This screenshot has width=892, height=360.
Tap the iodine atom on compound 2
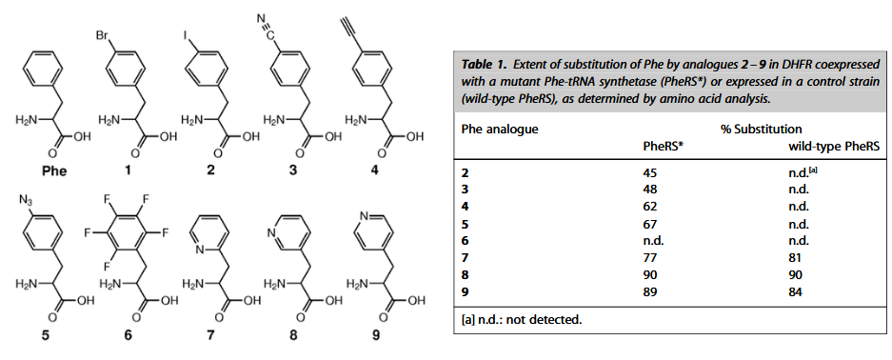click(186, 35)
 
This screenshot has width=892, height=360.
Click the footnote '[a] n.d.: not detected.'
click(521, 318)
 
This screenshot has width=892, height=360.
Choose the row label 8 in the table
click(466, 274)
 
